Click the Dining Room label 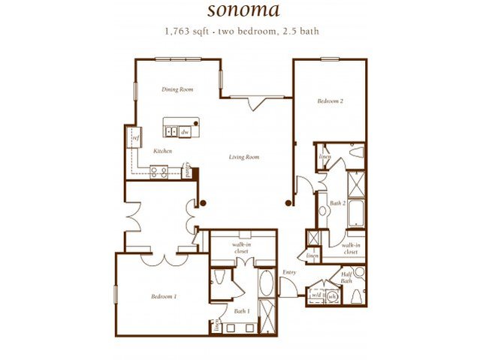coord(177,89)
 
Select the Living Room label coord(244,157)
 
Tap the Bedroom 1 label coord(164,296)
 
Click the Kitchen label coord(164,151)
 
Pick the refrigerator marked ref coord(137,138)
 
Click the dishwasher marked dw coord(185,132)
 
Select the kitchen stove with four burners coord(158,171)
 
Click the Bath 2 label coord(337,203)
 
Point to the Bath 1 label coord(241,310)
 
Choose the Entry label coord(289,272)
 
